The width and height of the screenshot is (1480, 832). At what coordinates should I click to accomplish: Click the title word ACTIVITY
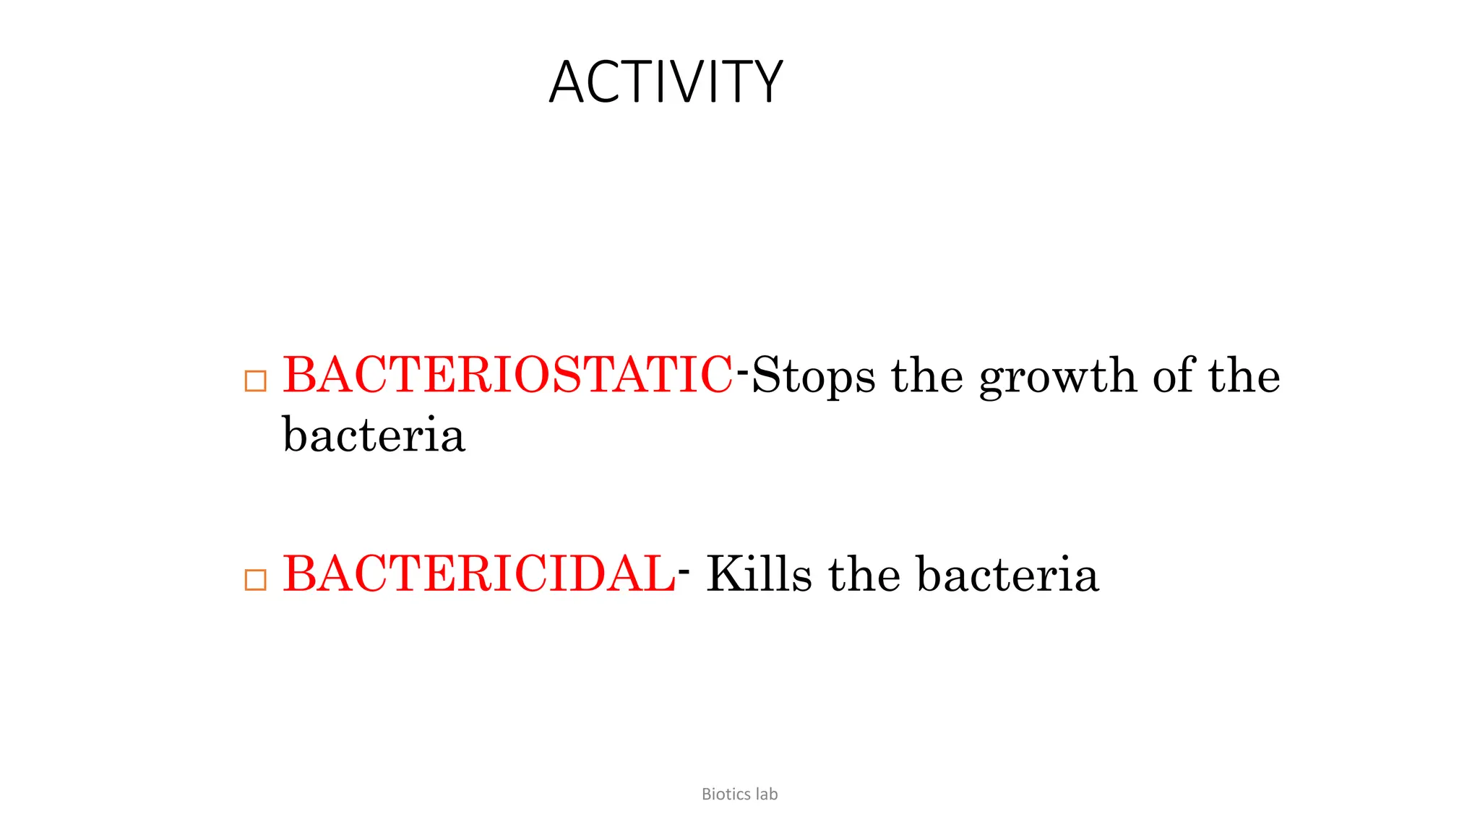tap(666, 82)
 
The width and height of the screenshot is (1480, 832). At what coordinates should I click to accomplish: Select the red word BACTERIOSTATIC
tap(507, 375)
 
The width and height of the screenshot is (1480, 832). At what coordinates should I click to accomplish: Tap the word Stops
tap(814, 376)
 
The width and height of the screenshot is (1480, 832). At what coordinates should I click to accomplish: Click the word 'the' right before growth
tap(927, 376)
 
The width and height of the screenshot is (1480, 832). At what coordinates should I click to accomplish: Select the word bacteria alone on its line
tap(374, 435)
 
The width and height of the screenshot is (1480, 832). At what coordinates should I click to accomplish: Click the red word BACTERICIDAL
tap(479, 574)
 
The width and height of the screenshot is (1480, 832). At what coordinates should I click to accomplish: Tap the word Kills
tap(759, 574)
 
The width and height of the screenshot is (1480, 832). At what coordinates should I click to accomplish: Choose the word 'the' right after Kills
tap(864, 574)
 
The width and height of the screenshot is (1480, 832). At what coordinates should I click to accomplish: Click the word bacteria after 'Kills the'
tap(1008, 575)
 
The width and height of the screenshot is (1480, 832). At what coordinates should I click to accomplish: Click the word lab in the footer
tap(767, 794)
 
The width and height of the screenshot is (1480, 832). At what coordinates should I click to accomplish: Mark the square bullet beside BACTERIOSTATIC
tap(256, 381)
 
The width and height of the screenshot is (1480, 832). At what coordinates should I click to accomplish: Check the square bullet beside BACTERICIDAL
tap(256, 579)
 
